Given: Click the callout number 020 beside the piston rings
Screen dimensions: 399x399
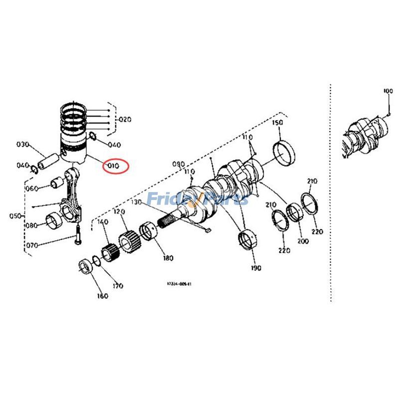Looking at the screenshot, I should coord(125,120).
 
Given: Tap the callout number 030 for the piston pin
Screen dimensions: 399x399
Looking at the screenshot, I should coord(23,145).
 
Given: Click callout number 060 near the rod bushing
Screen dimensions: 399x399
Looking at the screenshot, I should coord(31,189).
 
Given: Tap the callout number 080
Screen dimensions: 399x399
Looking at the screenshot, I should coord(32,225).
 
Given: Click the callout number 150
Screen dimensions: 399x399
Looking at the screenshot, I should coord(277,123).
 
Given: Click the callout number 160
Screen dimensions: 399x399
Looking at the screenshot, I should coord(102,296).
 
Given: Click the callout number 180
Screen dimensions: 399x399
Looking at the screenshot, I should coord(168,258).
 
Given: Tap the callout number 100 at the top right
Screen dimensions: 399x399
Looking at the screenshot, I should coord(388,91).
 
